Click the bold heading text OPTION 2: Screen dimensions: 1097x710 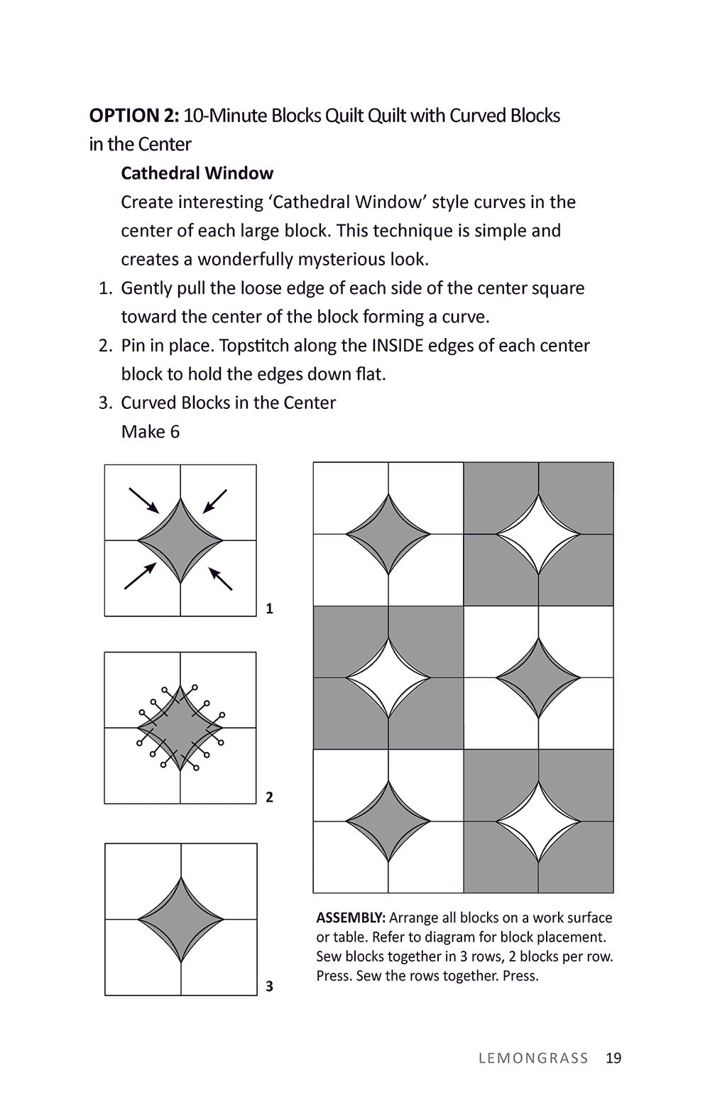133,116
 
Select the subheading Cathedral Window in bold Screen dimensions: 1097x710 197,173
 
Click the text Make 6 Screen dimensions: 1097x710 150,432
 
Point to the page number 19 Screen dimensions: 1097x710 613,1058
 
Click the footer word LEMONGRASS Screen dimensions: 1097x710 533,1058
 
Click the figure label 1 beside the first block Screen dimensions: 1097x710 269,608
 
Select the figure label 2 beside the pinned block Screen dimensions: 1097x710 269,797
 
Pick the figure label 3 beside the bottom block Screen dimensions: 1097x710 269,986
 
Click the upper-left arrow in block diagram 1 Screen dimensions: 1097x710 144,500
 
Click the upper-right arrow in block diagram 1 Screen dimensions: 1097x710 215,501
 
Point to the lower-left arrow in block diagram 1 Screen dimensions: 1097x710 141,576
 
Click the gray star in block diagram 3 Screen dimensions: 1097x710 180,919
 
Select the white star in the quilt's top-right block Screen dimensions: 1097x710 538,534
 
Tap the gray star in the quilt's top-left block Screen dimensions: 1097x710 388,534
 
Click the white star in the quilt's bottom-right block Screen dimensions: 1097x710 538,822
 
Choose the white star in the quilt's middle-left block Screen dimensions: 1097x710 388,677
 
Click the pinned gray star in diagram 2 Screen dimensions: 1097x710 180,728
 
